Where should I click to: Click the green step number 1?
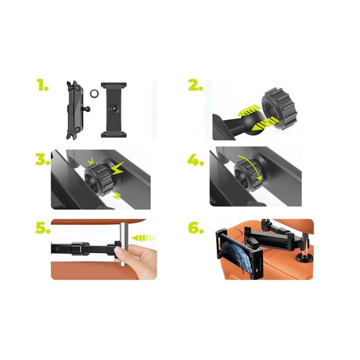pos(43,85)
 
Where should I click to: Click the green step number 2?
pos(196,85)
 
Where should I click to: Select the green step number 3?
pos(43,159)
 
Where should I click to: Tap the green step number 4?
pos(196,159)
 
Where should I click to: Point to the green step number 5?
pos(43,228)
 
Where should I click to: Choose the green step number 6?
pos(196,228)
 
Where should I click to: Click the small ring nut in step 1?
pos(94,94)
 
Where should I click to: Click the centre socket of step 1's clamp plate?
pos(114,108)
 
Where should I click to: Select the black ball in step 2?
pos(252,123)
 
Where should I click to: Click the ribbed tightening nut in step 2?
pos(279,108)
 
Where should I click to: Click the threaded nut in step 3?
pos(97,177)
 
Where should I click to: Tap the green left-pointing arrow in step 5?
pos(143,238)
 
